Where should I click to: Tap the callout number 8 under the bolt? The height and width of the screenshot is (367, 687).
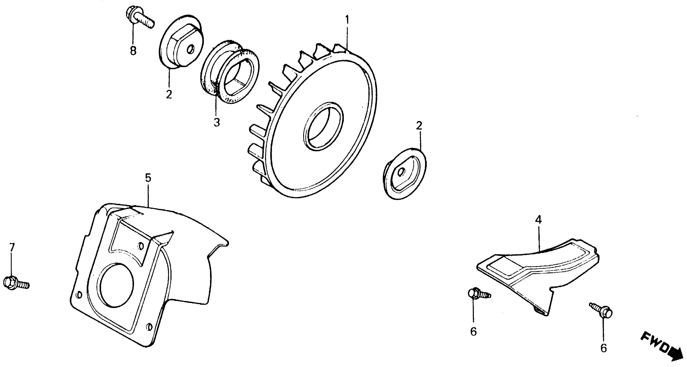point(133,50)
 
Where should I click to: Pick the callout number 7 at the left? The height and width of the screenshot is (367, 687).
point(11,248)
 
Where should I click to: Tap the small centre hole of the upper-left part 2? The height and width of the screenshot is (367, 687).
point(190,49)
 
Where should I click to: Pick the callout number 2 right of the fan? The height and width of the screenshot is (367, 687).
point(419,126)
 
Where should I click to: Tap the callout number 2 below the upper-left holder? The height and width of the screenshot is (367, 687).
point(169,94)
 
